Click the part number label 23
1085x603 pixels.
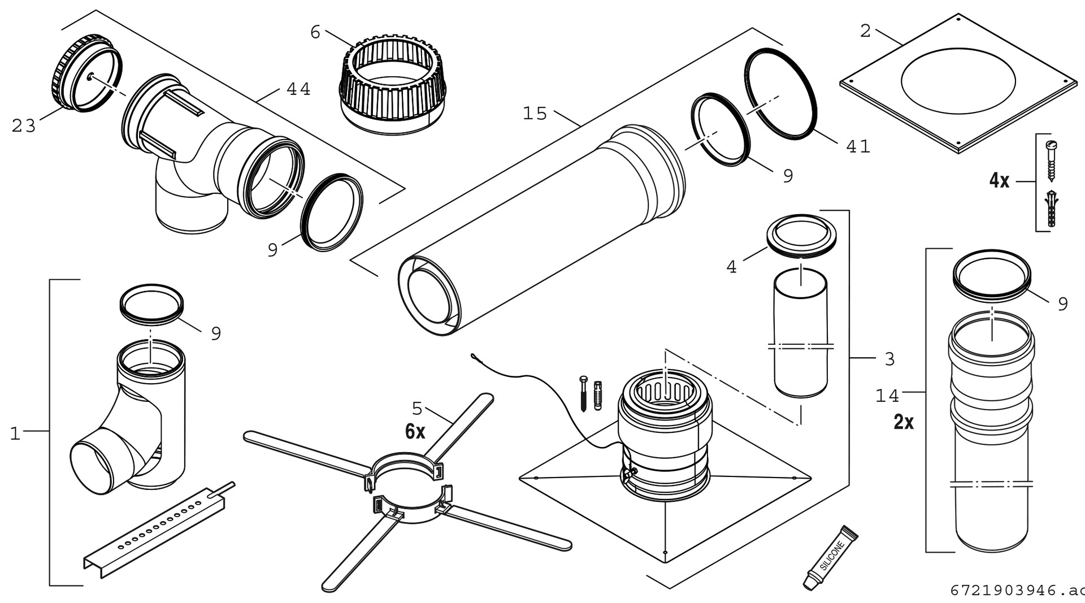(x=24, y=126)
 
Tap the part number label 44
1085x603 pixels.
(x=298, y=89)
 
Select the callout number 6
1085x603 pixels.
(x=315, y=33)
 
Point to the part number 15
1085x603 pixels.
(x=535, y=114)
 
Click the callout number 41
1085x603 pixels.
(x=858, y=146)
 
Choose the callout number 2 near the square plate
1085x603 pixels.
(x=865, y=31)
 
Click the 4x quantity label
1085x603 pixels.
(x=999, y=181)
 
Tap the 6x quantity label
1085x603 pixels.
(x=415, y=432)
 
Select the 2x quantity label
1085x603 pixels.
(x=904, y=422)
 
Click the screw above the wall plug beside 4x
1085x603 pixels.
(x=1051, y=160)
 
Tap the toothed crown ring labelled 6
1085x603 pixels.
(x=393, y=85)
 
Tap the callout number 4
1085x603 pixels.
(x=731, y=267)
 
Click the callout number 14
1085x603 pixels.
(x=887, y=396)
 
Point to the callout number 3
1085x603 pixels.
(x=889, y=359)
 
